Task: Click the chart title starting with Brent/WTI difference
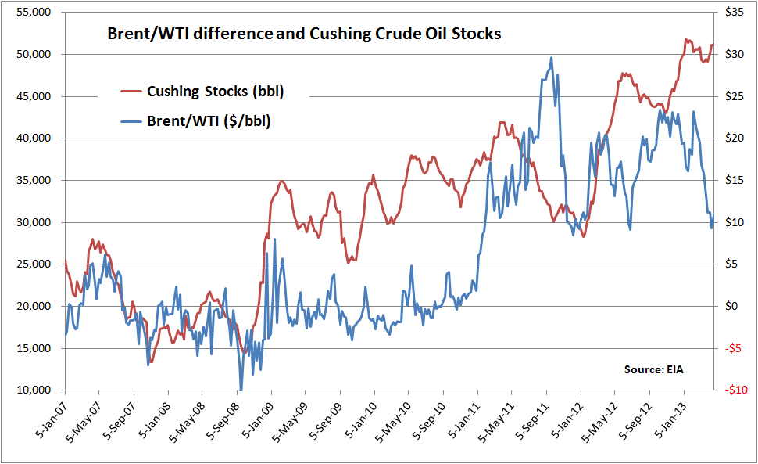click(303, 34)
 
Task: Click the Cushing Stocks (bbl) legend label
click(215, 92)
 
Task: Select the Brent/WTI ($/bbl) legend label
click(209, 121)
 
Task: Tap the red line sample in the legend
click(131, 92)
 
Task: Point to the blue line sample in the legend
click(131, 121)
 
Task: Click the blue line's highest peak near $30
click(551, 57)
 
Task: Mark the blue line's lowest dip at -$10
click(241, 389)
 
